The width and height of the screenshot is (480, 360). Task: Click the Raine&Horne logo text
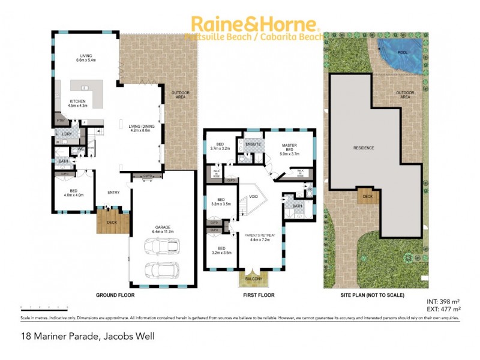(253, 25)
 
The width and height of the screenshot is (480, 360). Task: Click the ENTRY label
(113, 193)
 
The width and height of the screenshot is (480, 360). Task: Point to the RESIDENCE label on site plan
(364, 148)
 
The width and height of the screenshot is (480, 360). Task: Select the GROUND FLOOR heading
(115, 296)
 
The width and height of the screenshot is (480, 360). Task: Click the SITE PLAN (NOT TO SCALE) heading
(373, 296)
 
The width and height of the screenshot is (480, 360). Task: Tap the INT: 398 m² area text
(444, 302)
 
